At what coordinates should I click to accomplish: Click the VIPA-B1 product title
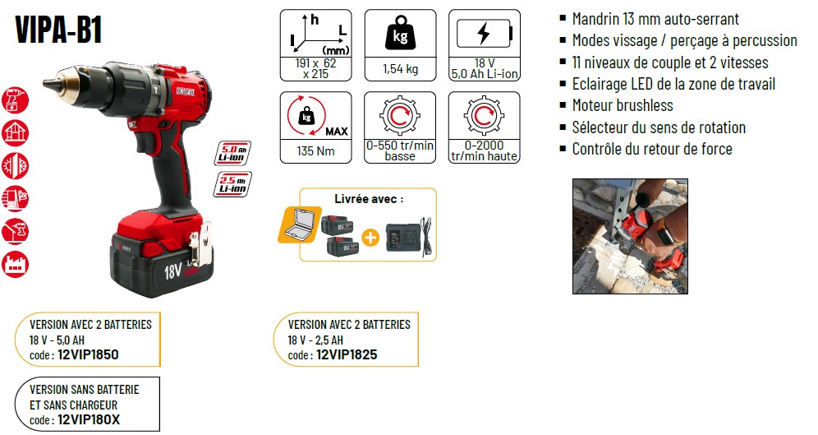[58, 30]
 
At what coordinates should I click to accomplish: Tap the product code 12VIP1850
[88, 354]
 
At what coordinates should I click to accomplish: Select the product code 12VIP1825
[347, 354]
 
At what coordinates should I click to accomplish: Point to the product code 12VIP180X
[89, 420]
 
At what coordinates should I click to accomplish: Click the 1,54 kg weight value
[400, 68]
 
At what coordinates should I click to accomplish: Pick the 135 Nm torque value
[315, 151]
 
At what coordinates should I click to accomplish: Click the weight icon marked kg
[400, 33]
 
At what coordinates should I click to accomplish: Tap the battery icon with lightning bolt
[485, 34]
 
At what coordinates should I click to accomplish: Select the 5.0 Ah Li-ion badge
[232, 153]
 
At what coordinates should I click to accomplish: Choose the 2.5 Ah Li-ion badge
[232, 184]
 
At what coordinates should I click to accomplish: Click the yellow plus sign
[370, 238]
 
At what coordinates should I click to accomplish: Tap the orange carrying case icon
[300, 224]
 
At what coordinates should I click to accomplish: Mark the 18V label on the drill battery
[173, 271]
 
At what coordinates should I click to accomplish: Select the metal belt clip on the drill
[200, 248]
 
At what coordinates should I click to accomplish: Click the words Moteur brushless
[623, 105]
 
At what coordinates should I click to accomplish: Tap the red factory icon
[15, 264]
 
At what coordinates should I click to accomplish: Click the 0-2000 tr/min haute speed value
[485, 151]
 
